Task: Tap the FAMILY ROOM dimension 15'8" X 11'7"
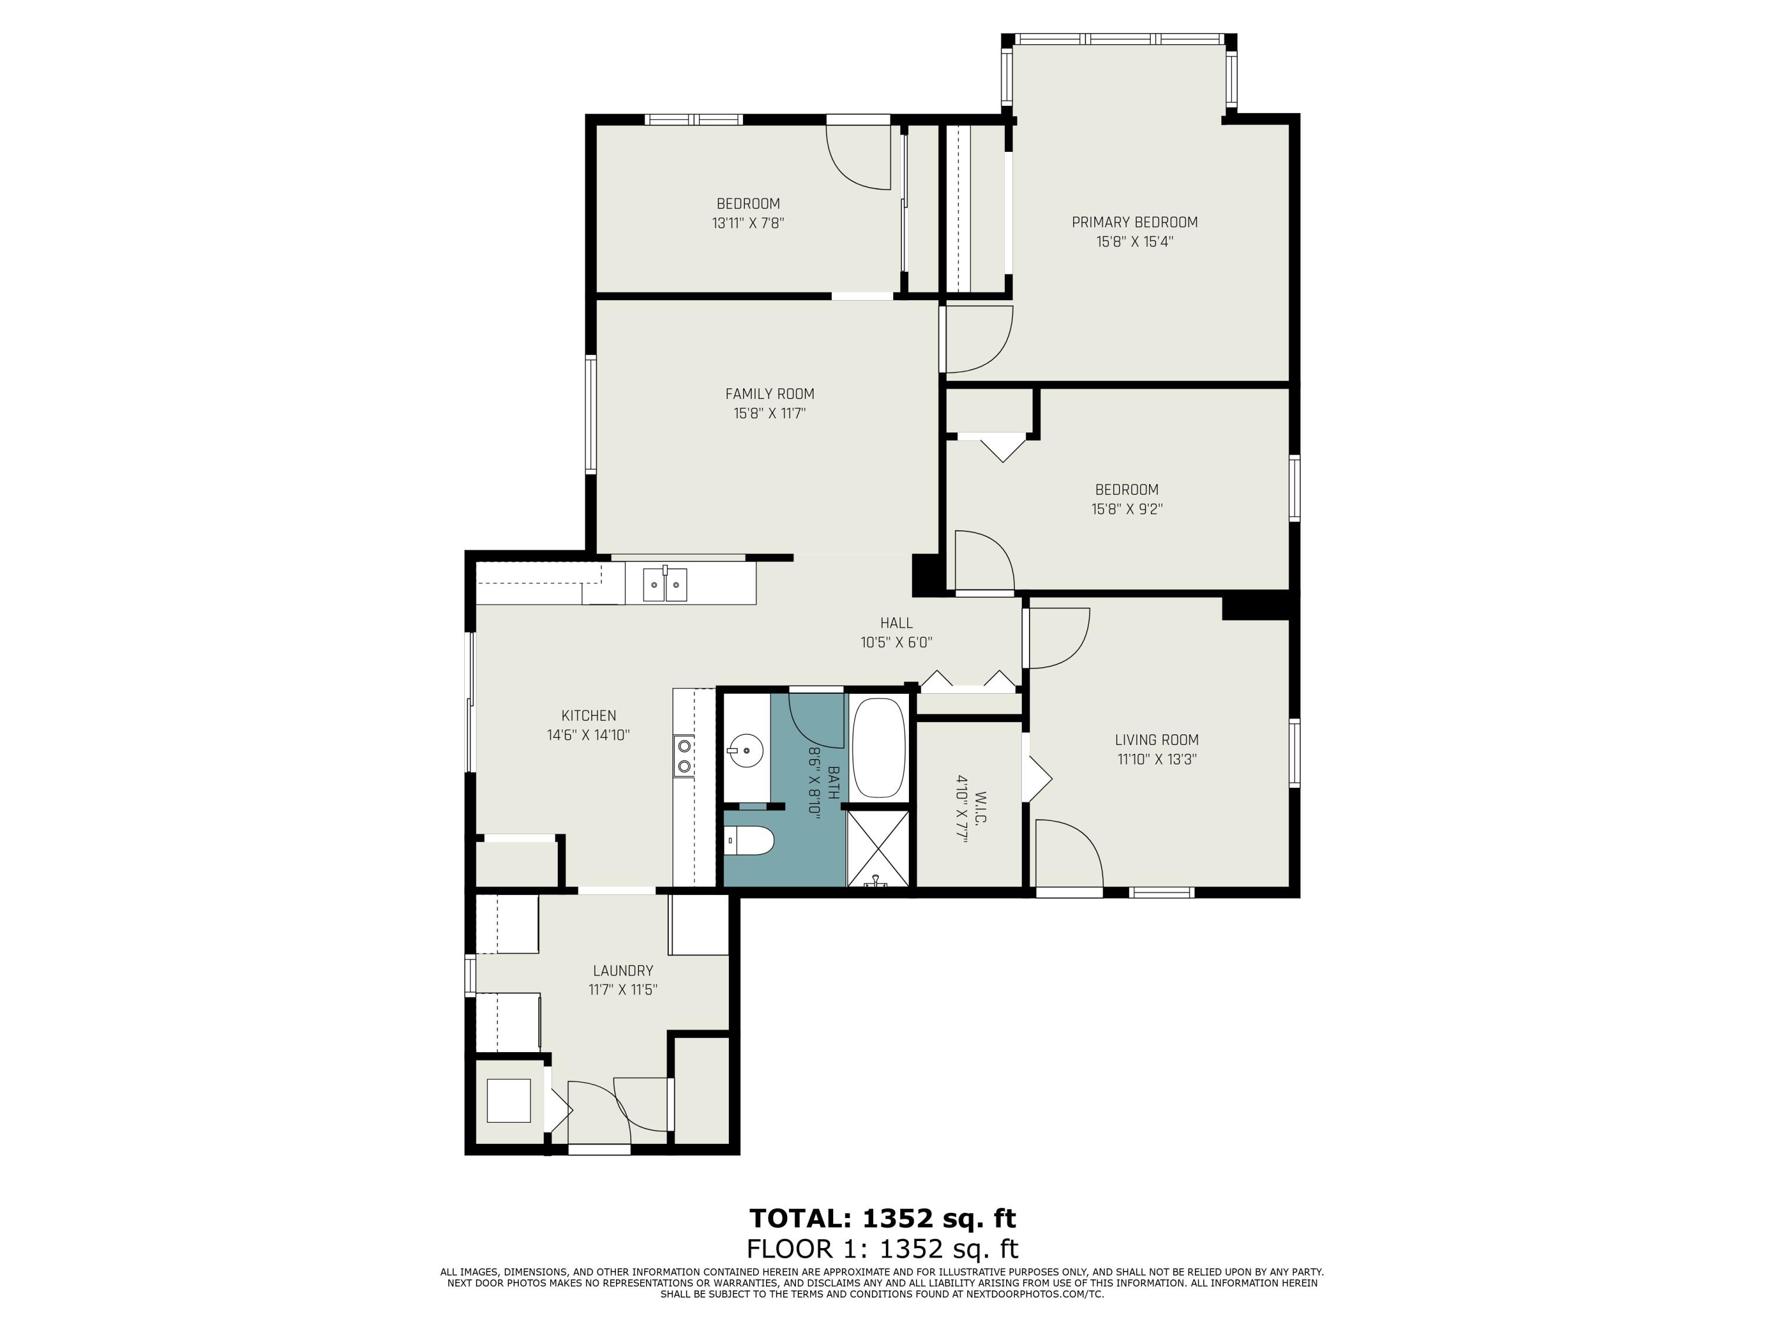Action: [769, 414]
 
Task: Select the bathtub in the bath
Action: [878, 748]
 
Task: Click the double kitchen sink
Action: [665, 585]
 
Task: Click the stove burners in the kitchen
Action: [684, 756]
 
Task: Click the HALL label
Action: [896, 623]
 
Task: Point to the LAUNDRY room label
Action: [622, 970]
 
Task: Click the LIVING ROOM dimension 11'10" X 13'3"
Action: [1156, 759]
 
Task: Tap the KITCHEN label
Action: [588, 716]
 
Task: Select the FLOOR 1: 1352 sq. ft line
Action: [883, 1248]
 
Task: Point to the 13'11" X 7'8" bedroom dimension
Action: [748, 224]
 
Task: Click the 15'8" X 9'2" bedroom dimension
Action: [1126, 509]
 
